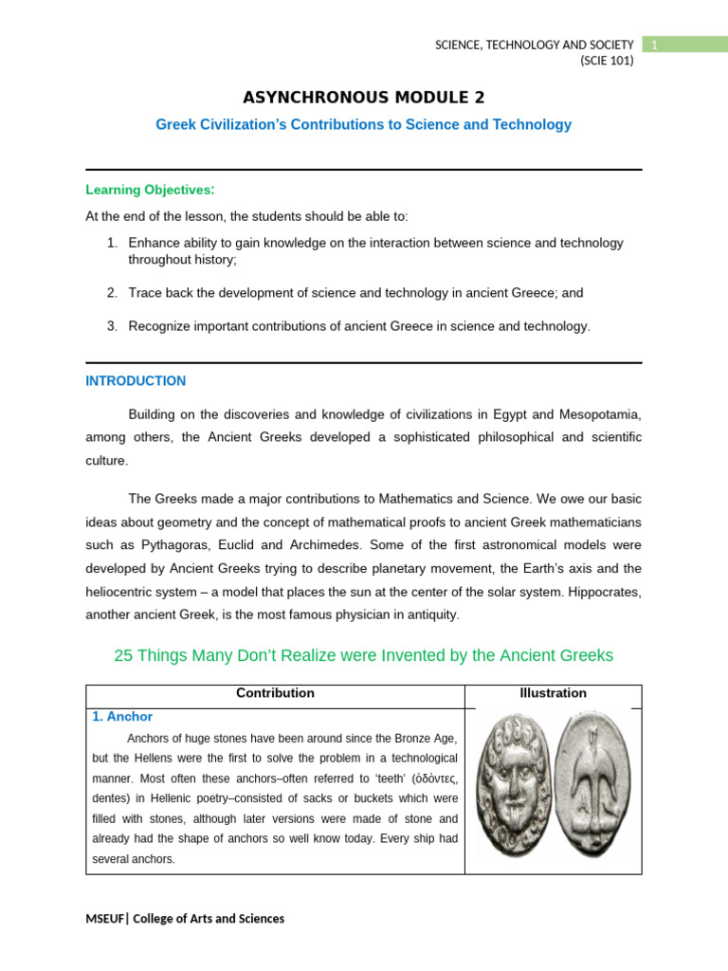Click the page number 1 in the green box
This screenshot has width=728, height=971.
coord(653,45)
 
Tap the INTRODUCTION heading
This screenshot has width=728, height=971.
coord(136,381)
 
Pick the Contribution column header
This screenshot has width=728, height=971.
coord(275,693)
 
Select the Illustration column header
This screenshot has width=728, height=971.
coord(553,693)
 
